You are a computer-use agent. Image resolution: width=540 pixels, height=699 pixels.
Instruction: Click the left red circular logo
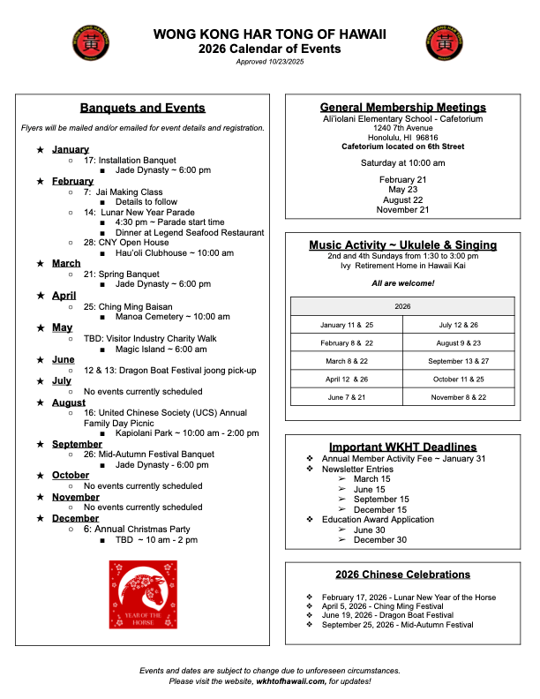(90, 43)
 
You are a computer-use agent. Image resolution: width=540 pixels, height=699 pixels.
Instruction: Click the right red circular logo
(447, 43)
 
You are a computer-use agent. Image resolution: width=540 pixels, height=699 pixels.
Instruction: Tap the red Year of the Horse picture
(143, 594)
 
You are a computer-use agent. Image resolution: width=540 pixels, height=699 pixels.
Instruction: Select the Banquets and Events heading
(142, 109)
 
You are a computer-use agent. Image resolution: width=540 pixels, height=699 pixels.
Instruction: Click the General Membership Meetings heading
(402, 108)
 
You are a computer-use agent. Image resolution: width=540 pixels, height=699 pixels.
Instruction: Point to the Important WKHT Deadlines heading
(402, 447)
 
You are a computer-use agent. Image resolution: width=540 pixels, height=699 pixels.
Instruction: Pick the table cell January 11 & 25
(347, 325)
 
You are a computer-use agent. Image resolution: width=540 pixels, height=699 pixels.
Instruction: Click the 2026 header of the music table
(402, 306)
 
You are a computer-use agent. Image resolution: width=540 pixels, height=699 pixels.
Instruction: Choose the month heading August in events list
(69, 402)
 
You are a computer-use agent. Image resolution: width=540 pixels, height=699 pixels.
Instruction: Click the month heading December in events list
(76, 518)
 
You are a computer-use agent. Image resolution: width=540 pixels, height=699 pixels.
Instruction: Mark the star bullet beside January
(40, 150)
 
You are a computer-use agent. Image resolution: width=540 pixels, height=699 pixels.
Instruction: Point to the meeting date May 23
(402, 190)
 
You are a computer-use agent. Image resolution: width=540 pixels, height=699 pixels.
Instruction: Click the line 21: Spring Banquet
(122, 274)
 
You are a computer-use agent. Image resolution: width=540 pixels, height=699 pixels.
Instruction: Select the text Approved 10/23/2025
(269, 61)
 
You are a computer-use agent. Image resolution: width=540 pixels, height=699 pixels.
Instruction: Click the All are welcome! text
(402, 283)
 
